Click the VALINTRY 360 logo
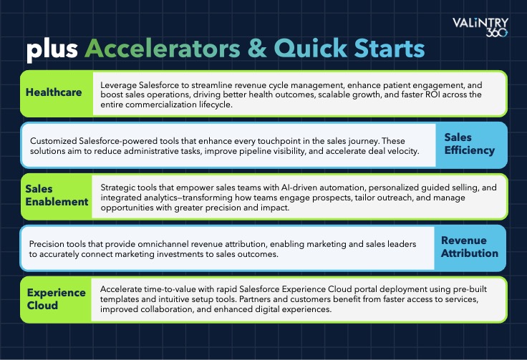click(480, 27)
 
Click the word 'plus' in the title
click(52, 49)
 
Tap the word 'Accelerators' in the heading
click(163, 48)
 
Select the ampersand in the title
click(257, 48)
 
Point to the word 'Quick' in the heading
click(311, 49)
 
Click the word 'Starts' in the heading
click(390, 48)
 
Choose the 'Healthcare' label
click(54, 92)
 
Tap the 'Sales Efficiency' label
click(469, 144)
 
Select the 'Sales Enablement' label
click(57, 195)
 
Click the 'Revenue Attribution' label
click(470, 247)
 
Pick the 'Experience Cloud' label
click(56, 299)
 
